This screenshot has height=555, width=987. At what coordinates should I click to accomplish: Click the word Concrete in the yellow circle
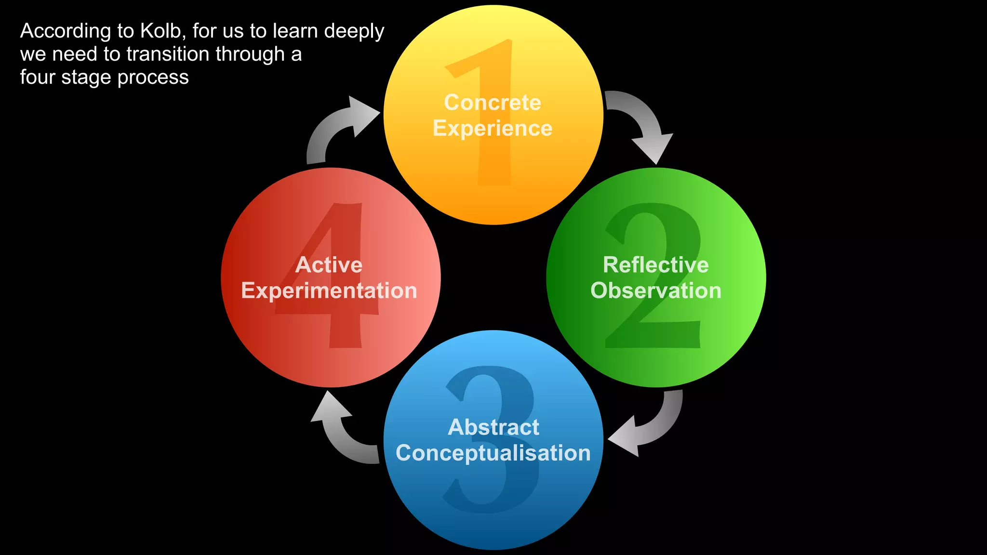coord(492,103)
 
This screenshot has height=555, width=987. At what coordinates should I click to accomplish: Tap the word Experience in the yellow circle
coord(492,129)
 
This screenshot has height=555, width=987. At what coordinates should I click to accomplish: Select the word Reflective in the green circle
coord(655,265)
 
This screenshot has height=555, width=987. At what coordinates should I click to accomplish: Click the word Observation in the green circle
coord(655,291)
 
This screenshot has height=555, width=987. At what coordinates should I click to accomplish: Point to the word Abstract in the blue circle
coord(493,427)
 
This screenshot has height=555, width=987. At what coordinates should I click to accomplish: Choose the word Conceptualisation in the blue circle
coord(493,453)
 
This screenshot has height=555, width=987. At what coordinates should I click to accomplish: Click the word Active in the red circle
coord(329,265)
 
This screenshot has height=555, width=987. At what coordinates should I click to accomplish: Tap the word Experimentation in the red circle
coord(329,291)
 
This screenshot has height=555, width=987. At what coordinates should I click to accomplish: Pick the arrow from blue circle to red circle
coord(342,434)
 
